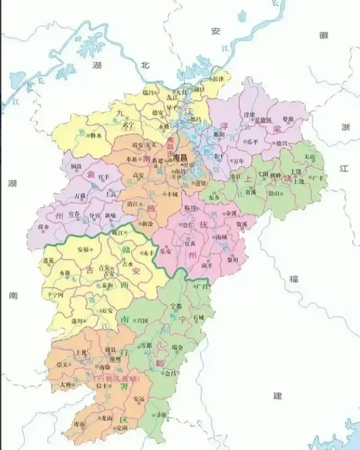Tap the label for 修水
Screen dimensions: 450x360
tap(96, 135)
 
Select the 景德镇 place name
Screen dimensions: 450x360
tap(263, 120)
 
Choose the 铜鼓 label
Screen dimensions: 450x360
tap(76, 166)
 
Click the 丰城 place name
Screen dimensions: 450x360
tap(172, 194)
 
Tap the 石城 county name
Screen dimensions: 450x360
tap(198, 317)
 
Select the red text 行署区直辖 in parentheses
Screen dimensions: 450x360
tap(116, 379)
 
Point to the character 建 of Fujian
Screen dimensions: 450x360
tap(278, 396)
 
